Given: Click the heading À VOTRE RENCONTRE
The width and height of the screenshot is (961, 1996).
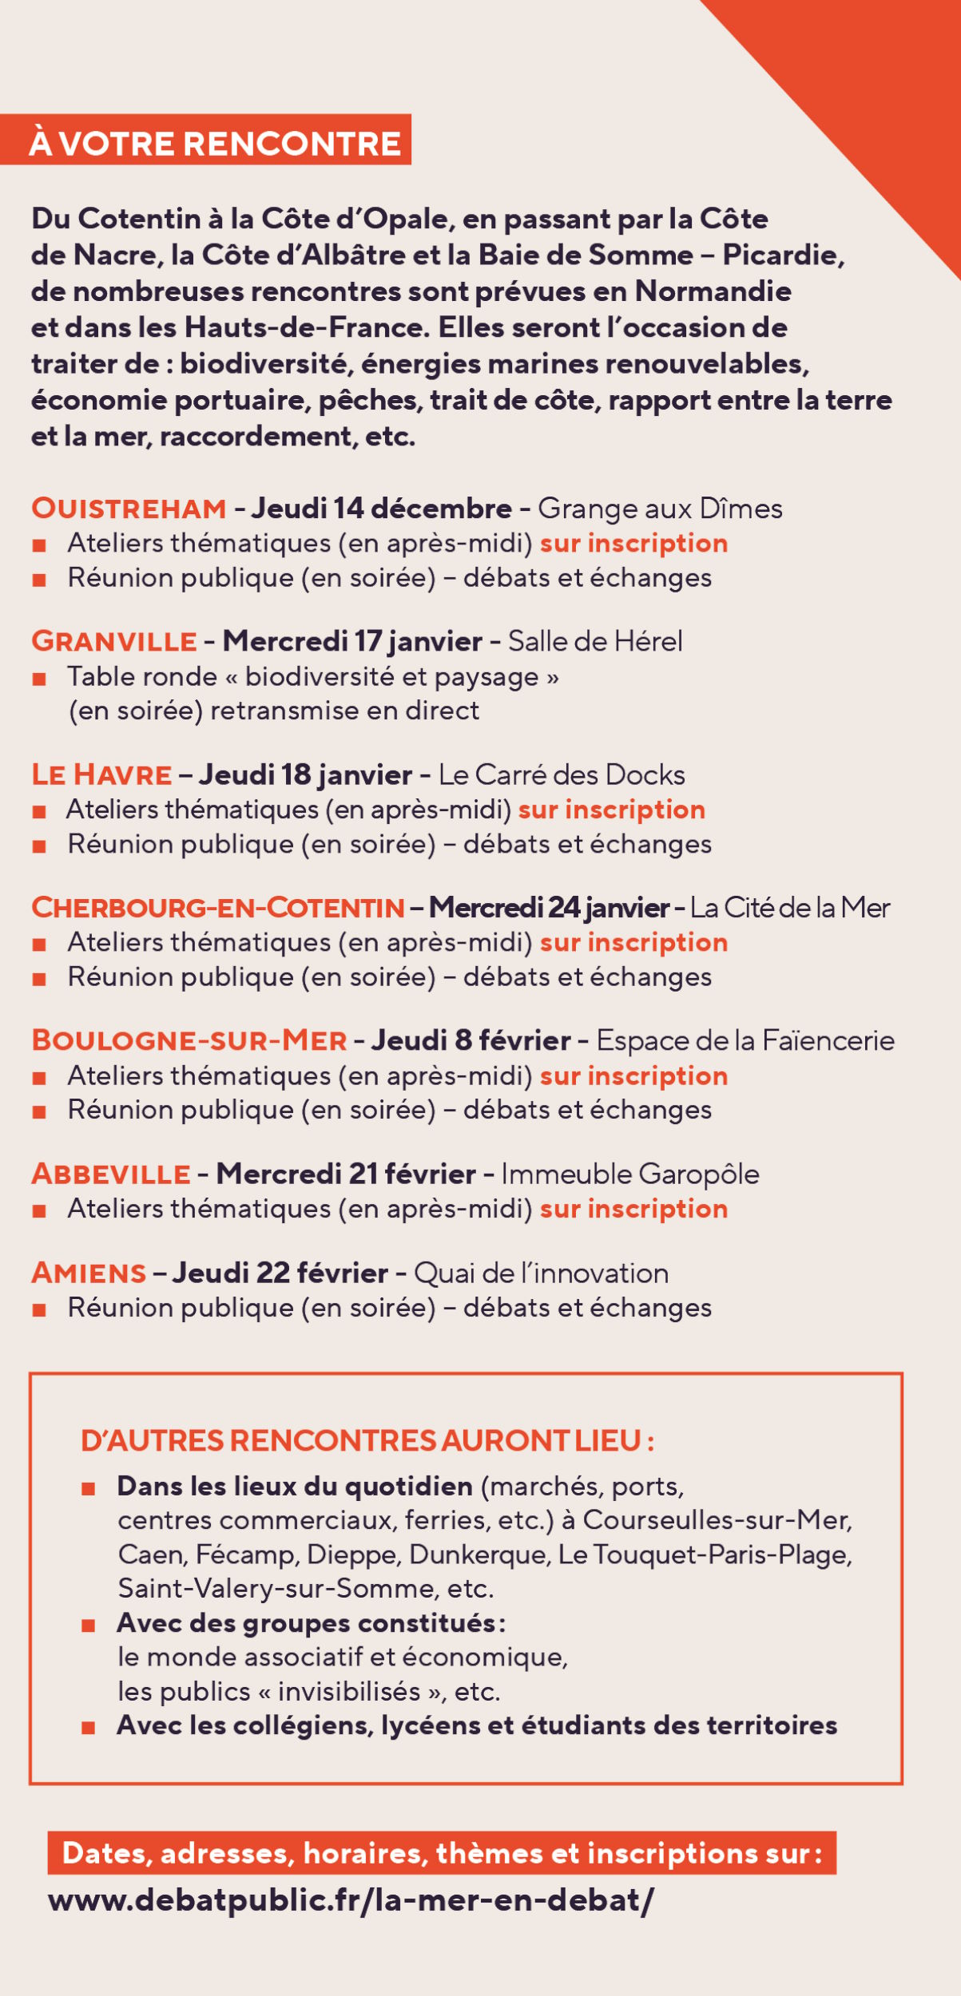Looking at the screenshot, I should (x=214, y=144).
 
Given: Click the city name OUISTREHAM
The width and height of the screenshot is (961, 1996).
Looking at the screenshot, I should (x=129, y=509).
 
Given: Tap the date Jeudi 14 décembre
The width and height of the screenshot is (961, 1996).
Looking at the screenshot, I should (x=382, y=509).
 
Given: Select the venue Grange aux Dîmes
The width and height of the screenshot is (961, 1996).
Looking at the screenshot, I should (x=660, y=509).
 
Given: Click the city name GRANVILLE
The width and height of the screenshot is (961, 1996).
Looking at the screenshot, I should (x=114, y=641).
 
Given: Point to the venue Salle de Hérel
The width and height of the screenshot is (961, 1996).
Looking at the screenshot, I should (x=595, y=641).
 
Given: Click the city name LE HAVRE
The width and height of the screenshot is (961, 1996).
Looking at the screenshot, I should (x=101, y=774).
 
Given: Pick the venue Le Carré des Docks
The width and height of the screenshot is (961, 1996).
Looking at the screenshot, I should (x=562, y=774).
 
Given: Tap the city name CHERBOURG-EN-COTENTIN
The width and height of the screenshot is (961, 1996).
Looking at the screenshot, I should (x=218, y=908).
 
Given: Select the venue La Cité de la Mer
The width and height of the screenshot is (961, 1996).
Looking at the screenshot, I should (x=789, y=908).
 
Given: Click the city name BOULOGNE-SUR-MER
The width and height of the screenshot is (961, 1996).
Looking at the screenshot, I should (x=189, y=1040).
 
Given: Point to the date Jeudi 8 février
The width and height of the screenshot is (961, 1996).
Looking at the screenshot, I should (x=471, y=1040).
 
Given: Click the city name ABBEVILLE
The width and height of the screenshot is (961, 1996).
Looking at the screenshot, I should (x=111, y=1174).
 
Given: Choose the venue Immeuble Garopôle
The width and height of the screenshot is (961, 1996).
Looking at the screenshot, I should (x=630, y=1174).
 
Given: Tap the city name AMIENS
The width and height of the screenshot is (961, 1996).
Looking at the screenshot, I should (x=89, y=1273).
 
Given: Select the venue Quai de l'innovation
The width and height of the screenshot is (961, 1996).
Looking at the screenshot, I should (x=541, y=1273).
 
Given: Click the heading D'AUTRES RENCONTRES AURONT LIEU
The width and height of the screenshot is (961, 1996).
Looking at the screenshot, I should (x=367, y=1440).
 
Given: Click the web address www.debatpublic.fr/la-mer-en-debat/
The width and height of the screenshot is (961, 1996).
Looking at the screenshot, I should (x=351, y=1900).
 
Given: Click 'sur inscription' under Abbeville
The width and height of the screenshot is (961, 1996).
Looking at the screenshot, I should (x=633, y=1209).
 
